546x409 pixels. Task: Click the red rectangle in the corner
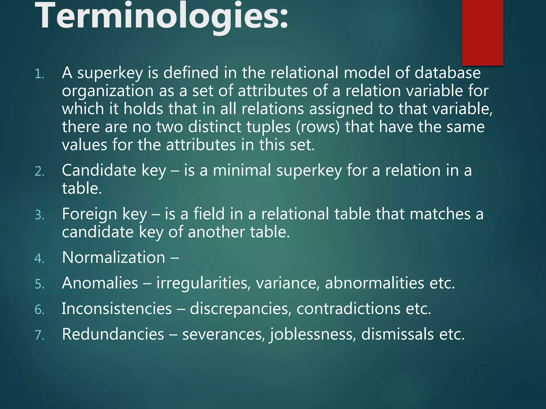483,32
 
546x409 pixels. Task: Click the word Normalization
114,257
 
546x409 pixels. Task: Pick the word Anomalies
100,283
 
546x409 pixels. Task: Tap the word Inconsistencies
117,309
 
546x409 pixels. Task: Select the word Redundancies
113,334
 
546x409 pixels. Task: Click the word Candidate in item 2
99,170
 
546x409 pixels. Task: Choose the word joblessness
314,335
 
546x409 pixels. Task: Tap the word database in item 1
448,73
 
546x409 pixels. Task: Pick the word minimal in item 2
242,170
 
